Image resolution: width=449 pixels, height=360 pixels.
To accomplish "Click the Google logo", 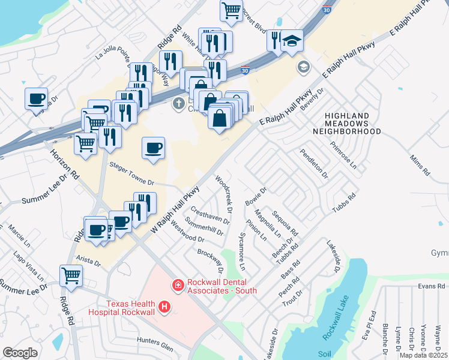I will [20, 353].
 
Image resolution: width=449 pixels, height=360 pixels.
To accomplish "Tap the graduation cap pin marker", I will [292, 41].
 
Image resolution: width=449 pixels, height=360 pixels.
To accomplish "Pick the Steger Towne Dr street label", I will [131, 173].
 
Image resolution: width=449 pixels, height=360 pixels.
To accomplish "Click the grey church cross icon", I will [178, 104].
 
